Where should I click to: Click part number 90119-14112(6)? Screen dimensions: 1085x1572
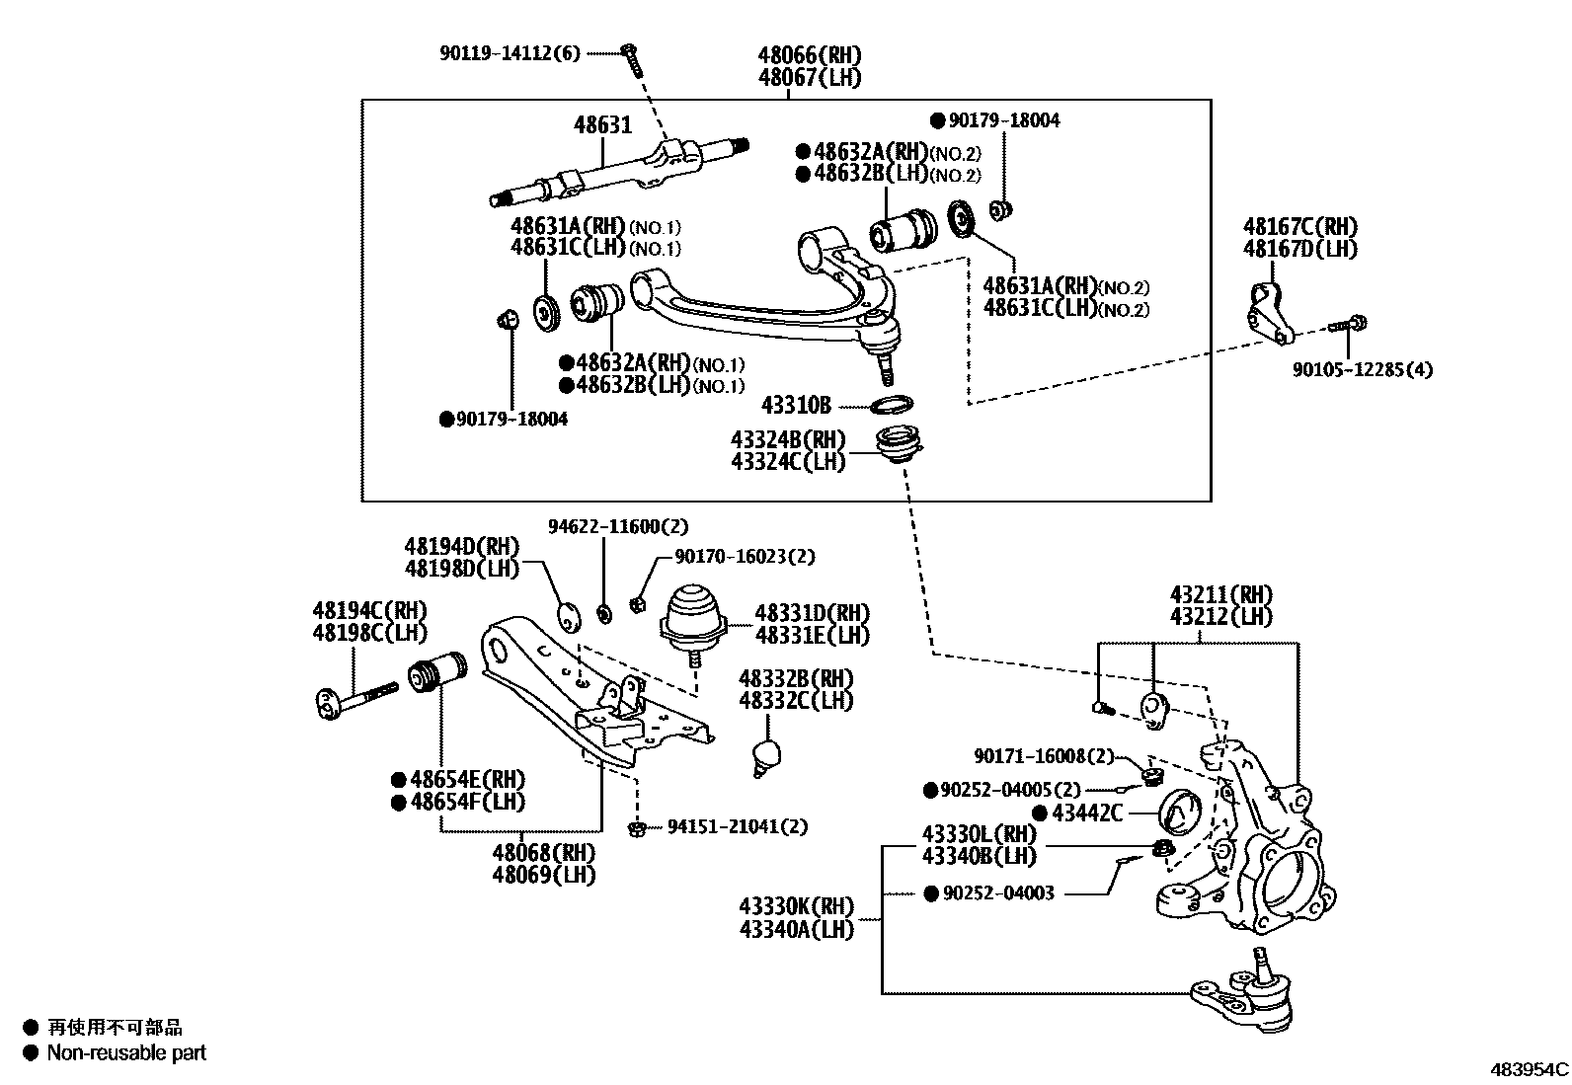[511, 53]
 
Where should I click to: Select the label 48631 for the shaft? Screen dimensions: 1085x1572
[603, 125]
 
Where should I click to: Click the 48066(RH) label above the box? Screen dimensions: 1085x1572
[810, 55]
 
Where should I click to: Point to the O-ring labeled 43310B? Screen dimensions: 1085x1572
[892, 404]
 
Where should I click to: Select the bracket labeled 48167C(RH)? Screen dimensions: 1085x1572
[1266, 314]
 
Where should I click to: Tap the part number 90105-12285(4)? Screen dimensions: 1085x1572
[1363, 369]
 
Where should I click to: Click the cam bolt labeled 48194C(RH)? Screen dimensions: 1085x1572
[355, 697]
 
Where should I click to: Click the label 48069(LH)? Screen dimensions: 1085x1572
[546, 875]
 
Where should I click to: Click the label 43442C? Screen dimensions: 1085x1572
[1087, 813]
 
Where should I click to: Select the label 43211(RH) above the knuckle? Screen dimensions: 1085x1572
[1220, 594]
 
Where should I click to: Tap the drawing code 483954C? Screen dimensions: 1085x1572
[1529, 1069]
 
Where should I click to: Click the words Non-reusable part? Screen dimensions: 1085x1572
[126, 1052]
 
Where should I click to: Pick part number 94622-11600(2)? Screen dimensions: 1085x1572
[618, 526]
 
